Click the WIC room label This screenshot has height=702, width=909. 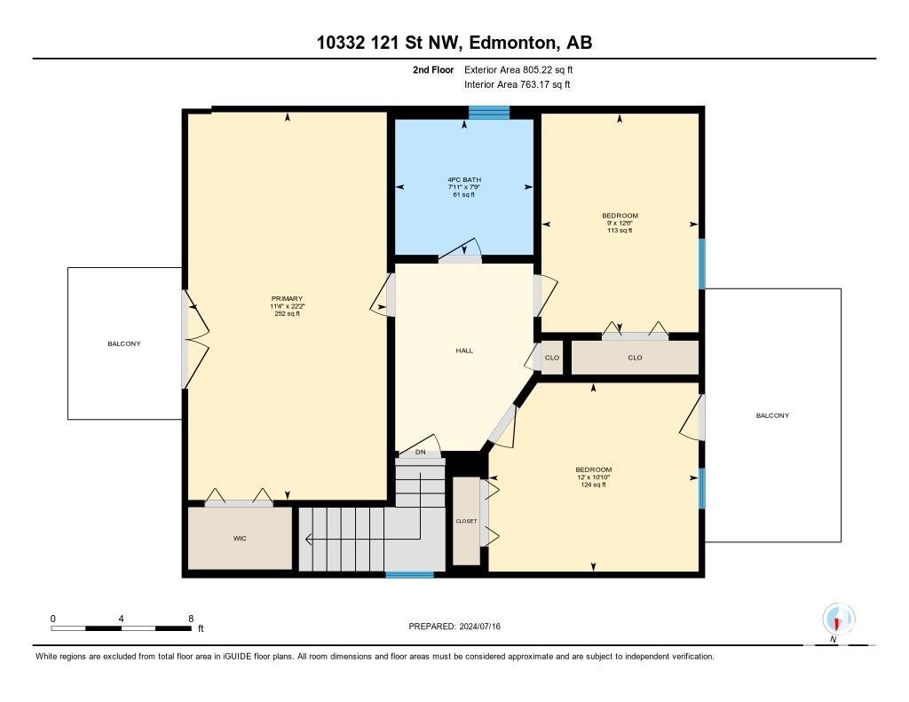click(240, 539)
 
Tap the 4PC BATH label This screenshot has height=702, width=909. click(463, 179)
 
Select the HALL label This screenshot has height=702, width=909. click(463, 351)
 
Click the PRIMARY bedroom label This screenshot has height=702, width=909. click(287, 299)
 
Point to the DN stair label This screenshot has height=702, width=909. click(420, 452)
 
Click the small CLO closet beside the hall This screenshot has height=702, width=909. click(552, 358)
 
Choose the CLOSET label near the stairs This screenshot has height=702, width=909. click(466, 521)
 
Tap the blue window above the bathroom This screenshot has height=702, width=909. click(489, 113)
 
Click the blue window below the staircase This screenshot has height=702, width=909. click(409, 574)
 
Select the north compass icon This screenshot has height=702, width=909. click(838, 619)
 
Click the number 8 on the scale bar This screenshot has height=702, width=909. click(191, 619)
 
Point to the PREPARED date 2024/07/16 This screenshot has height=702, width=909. click(479, 626)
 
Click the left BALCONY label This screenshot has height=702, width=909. click(124, 343)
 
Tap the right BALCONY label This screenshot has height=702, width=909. click(772, 415)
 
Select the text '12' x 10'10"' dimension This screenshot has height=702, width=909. click(593, 477)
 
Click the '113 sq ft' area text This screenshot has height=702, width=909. click(620, 231)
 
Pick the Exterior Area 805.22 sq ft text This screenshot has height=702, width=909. click(518, 69)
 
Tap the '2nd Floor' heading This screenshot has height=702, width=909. click(433, 69)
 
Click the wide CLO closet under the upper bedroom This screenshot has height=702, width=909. click(635, 358)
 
